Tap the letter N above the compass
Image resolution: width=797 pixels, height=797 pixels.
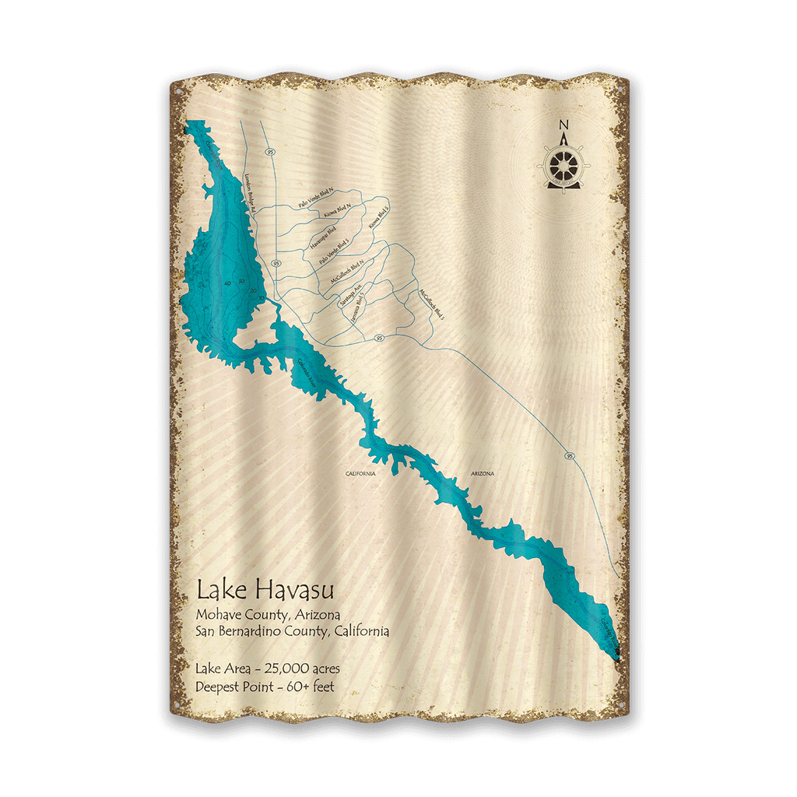(x=564, y=125)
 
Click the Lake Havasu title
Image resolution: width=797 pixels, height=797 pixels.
(x=255, y=590)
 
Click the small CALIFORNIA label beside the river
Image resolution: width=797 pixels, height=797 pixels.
(x=361, y=473)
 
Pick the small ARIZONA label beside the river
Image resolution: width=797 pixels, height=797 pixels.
(x=483, y=473)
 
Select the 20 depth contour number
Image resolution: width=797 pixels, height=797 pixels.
(x=254, y=291)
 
